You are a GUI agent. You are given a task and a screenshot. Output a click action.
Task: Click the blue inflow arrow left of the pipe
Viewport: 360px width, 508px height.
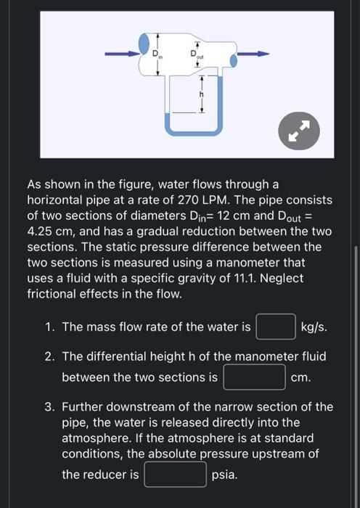[122, 53]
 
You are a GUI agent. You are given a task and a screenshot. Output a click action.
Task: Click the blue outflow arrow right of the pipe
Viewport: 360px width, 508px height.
[253, 53]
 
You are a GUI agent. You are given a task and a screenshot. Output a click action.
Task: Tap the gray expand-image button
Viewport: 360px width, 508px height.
[299, 131]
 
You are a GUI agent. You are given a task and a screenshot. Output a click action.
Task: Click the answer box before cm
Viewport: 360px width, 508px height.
[254, 377]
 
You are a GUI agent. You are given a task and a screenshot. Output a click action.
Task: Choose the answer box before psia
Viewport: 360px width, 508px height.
[175, 475]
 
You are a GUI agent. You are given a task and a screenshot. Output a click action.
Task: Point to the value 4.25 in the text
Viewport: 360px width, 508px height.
[41, 232]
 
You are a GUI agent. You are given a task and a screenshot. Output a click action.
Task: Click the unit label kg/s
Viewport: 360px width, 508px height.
[314, 327]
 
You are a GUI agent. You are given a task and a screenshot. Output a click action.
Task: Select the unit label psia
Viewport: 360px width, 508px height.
[225, 475]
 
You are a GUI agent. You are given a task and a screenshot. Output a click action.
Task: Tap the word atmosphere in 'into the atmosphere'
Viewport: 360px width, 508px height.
[94, 438]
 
